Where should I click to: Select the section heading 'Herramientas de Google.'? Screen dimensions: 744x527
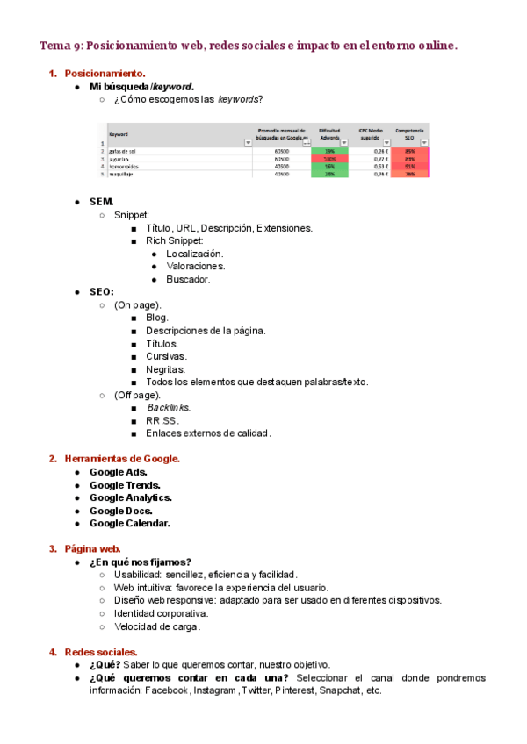click(122, 458)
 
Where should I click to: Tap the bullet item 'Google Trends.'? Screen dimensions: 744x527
click(125, 484)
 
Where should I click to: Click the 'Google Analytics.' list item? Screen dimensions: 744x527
click(130, 497)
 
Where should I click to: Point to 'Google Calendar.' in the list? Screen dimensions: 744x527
click(129, 523)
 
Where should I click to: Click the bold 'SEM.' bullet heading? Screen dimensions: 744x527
click(102, 202)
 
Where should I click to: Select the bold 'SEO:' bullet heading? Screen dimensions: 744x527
click(102, 291)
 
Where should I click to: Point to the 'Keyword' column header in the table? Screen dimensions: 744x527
click(119, 134)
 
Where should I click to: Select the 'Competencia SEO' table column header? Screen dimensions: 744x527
click(409, 133)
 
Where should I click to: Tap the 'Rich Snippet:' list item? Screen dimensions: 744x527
click(175, 240)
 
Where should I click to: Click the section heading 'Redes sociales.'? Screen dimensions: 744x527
click(101, 652)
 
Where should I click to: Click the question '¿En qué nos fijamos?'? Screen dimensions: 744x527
click(141, 562)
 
